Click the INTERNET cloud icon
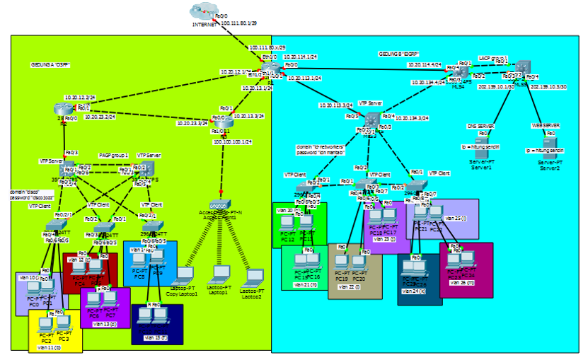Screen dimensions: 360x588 202,12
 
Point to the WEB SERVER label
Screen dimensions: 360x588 546,125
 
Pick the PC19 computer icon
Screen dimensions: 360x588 342,265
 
